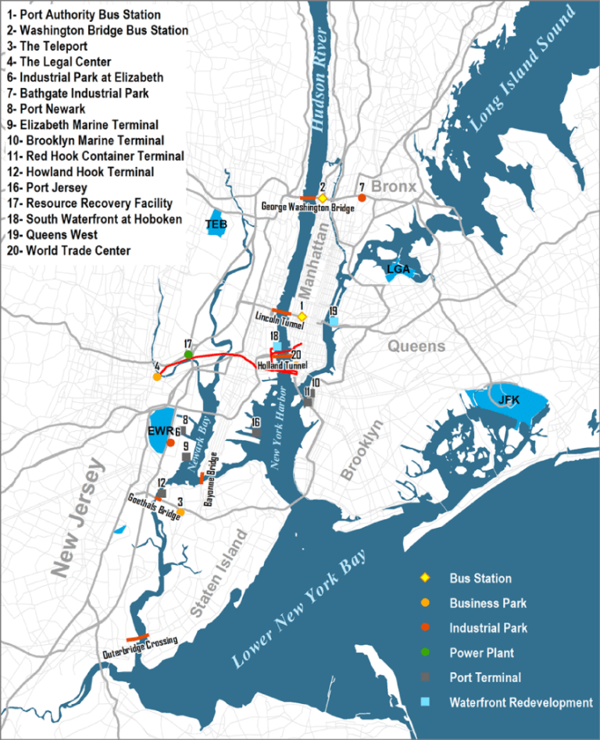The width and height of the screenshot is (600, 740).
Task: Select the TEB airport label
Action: [216, 225]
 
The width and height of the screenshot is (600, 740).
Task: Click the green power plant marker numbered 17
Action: [188, 354]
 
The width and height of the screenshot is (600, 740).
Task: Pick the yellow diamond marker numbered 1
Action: [302, 316]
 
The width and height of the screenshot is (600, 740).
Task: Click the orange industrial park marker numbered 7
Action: [362, 198]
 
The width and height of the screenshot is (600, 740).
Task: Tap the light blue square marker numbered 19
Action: [334, 322]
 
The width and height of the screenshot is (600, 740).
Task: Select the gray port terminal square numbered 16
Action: [255, 432]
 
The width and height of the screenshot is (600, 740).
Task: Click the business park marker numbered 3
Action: [180, 512]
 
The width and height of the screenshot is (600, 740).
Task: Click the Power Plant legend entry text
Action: [481, 653]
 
